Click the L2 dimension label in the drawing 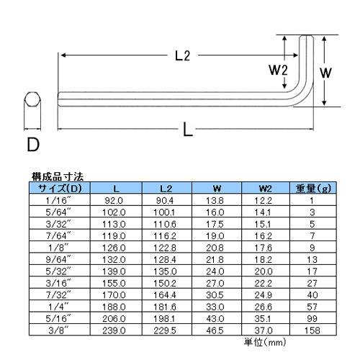pyautogui.click(x=183, y=56)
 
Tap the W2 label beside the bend pyautogui.click(x=278, y=70)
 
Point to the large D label pyautogui.click(x=33, y=145)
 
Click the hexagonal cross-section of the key pyautogui.click(x=32, y=99)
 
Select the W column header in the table pyautogui.click(x=217, y=189)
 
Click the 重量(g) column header pyautogui.click(x=313, y=189)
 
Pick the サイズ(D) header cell pyautogui.click(x=60, y=189)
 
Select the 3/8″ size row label pyautogui.click(x=58, y=330)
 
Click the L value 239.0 pyautogui.click(x=114, y=330)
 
